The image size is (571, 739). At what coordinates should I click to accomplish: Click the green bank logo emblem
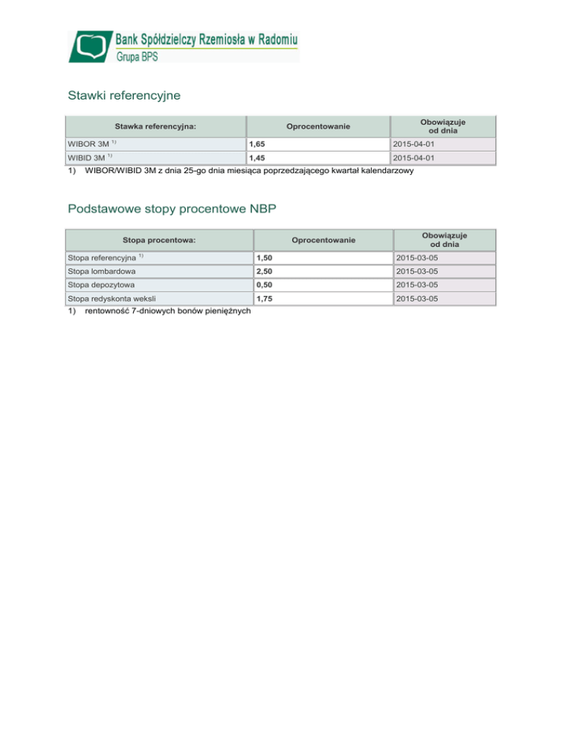(91, 46)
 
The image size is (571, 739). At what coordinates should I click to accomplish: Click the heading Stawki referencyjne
(124, 96)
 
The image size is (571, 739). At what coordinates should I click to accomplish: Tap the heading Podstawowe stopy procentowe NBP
(172, 209)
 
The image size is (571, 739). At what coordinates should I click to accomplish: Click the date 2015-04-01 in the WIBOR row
(419, 144)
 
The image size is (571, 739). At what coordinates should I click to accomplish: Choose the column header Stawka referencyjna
(155, 126)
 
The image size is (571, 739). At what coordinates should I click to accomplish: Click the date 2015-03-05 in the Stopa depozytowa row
(422, 285)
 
